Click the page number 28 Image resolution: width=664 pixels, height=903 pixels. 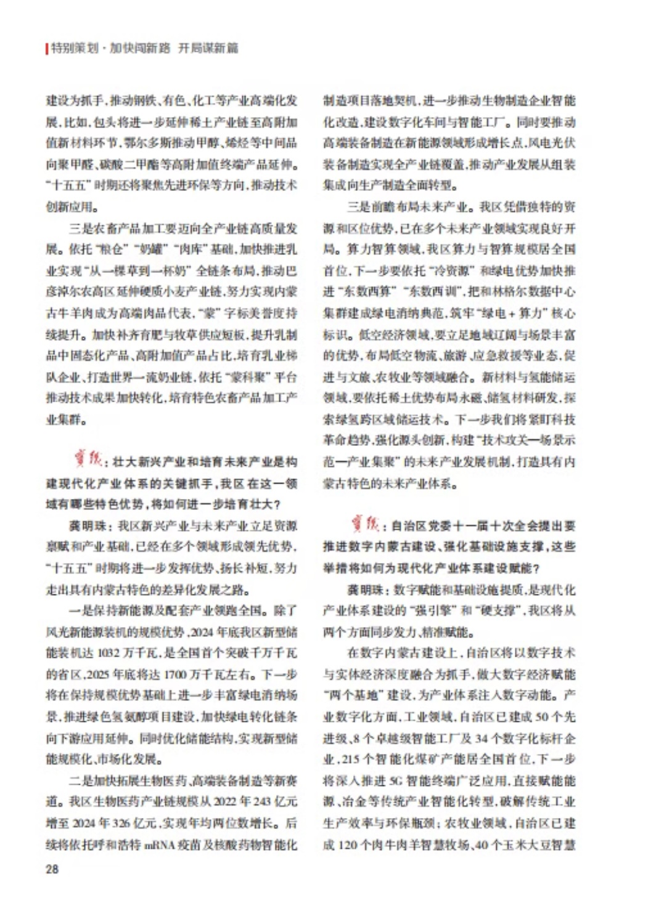pyautogui.click(x=52, y=869)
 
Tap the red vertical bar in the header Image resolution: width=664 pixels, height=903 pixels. pyautogui.click(x=47, y=48)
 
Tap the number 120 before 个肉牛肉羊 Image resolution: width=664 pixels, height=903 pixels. pyautogui.click(x=348, y=844)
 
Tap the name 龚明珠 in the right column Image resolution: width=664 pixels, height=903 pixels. pyautogui.click(x=363, y=589)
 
